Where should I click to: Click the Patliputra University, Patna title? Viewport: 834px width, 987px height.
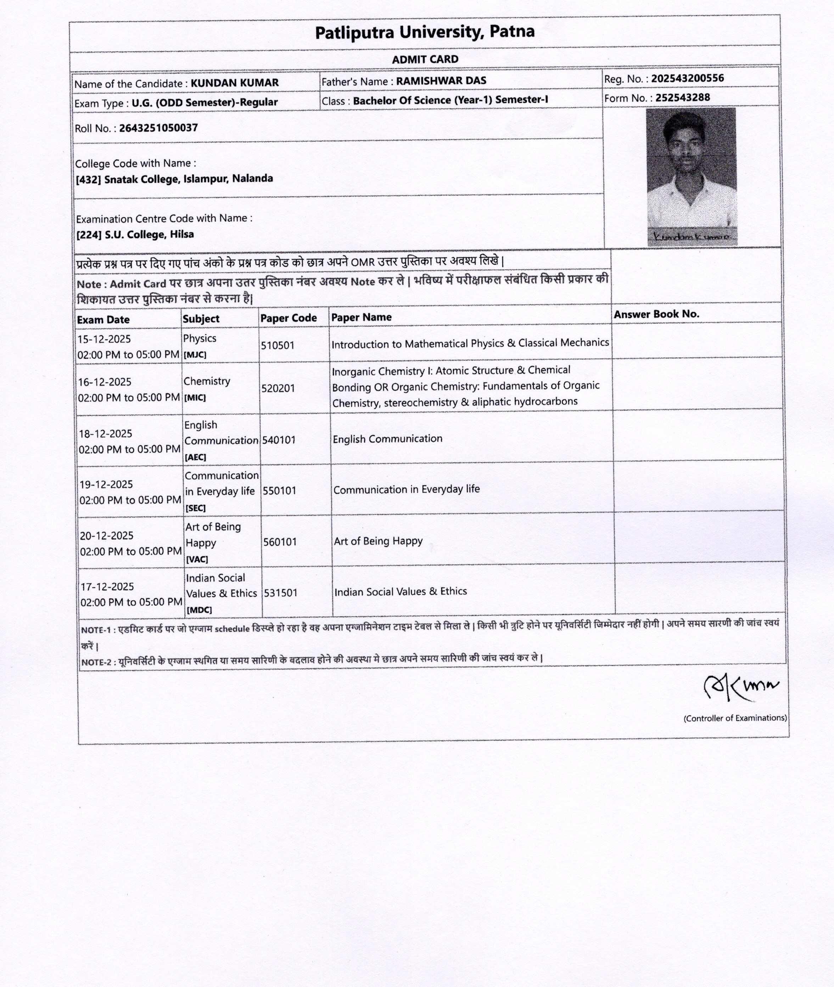[x=425, y=33]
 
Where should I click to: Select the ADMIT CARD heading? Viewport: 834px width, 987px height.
[x=425, y=60]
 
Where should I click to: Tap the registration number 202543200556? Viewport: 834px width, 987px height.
[x=687, y=78]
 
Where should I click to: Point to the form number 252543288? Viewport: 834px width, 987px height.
[x=682, y=98]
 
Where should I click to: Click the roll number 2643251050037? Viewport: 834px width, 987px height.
[x=158, y=128]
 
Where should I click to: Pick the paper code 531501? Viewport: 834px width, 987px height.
[x=280, y=593]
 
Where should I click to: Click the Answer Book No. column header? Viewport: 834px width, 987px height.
[x=656, y=314]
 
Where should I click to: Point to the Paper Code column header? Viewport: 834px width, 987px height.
[x=289, y=318]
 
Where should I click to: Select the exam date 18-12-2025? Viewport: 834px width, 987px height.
[x=105, y=434]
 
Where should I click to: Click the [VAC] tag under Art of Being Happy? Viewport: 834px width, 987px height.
[x=197, y=559]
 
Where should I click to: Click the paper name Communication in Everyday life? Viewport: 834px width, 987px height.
[x=406, y=489]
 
